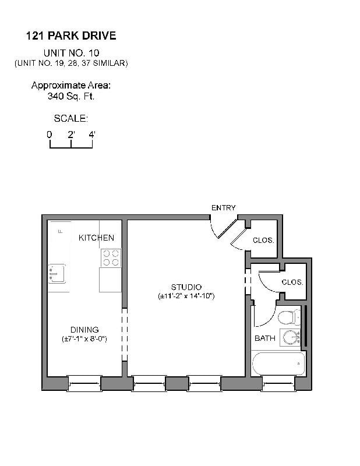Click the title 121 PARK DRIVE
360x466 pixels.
click(x=71, y=36)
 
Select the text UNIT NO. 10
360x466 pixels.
click(x=71, y=52)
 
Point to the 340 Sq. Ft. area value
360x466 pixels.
click(x=71, y=96)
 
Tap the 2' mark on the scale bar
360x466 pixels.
click(x=70, y=135)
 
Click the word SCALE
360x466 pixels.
click(x=70, y=118)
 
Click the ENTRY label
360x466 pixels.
click(x=224, y=208)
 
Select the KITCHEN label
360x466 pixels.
click(x=96, y=238)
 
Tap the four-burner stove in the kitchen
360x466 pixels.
click(x=110, y=257)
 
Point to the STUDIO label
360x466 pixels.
click(x=186, y=287)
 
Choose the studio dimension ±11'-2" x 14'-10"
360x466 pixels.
click(x=186, y=296)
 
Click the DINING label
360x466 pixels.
click(x=84, y=330)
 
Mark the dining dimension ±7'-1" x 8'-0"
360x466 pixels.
click(x=84, y=339)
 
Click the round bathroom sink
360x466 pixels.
click(x=289, y=337)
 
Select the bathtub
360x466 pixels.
click(x=278, y=363)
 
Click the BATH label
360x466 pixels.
click(x=264, y=338)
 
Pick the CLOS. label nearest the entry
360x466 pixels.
click(x=263, y=240)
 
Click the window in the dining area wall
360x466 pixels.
click(x=84, y=383)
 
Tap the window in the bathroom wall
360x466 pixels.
click(x=278, y=383)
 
